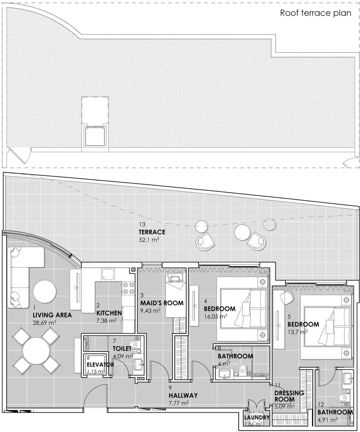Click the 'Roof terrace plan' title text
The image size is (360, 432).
click(x=315, y=13)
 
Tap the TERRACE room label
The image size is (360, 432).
click(x=152, y=232)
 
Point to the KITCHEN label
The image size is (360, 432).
click(x=109, y=313)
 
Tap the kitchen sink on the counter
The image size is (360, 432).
click(x=108, y=274)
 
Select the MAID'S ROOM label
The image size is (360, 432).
click(x=162, y=303)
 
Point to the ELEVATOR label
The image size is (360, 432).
click(x=100, y=364)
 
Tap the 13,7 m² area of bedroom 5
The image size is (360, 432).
click(x=297, y=332)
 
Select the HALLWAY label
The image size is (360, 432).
click(x=183, y=395)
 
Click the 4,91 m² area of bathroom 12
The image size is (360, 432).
click(x=328, y=419)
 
